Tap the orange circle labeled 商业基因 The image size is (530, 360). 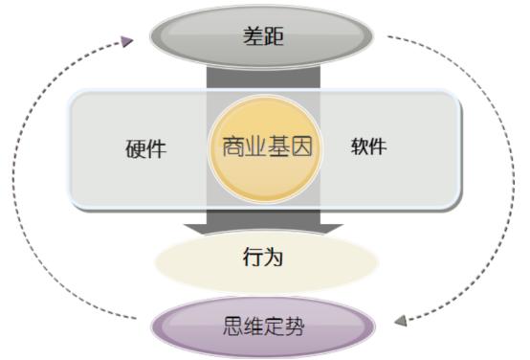pos(265,147)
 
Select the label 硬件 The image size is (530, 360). pos(145,149)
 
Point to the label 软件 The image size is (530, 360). pos(368,147)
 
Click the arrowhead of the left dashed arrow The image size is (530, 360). pos(127,41)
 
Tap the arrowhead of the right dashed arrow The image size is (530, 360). pos(401,320)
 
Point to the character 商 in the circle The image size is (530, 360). pos(232,147)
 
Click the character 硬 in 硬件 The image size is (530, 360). pos(135,149)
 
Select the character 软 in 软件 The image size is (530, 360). pos(358,147)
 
